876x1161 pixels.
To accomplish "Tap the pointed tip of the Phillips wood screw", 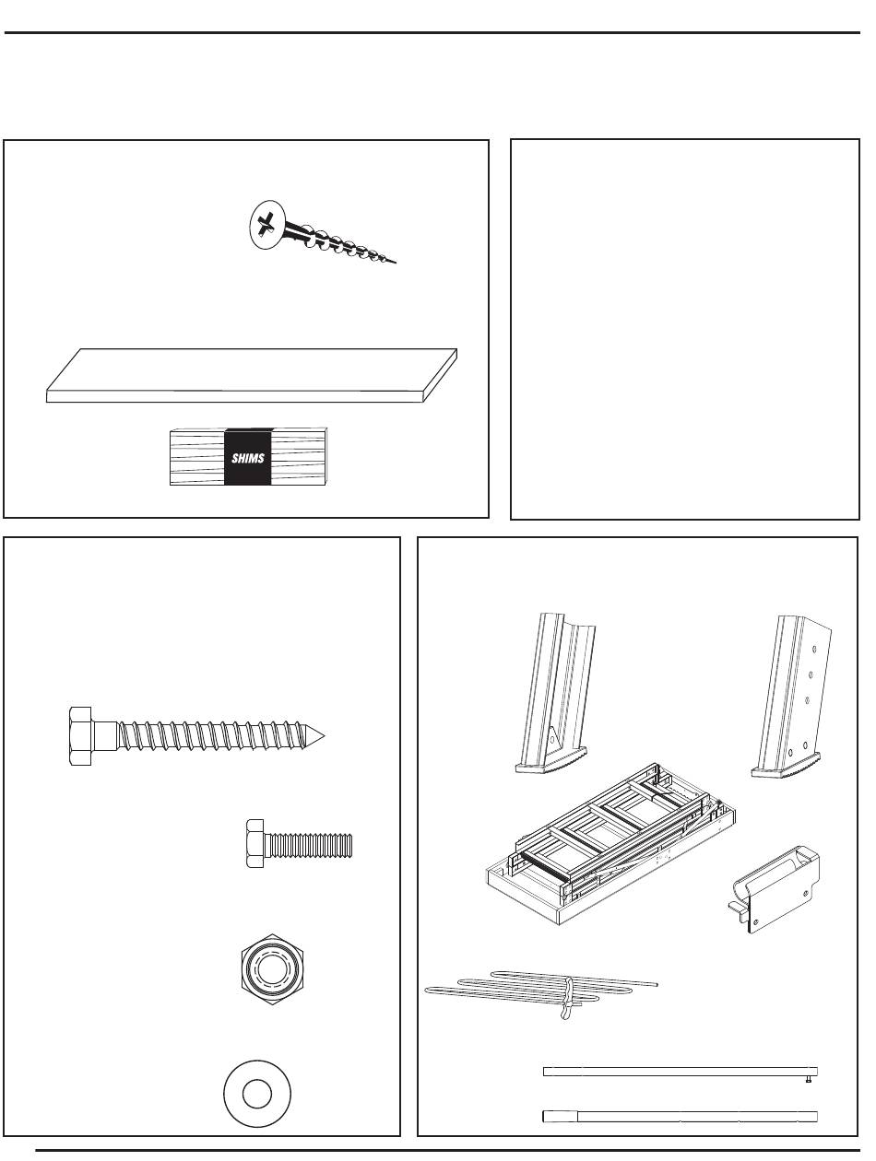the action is coord(395,263).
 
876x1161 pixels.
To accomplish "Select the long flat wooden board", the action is coord(252,375).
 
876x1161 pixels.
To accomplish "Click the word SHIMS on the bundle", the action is coord(248,458).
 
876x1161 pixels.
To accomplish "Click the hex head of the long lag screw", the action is coord(80,735).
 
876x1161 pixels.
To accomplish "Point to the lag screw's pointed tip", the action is coord(324,735).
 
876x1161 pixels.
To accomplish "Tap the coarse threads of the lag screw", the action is coord(213,735).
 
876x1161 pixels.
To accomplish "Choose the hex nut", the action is coord(272,969).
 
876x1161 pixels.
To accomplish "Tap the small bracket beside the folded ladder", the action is coord(774,888).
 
